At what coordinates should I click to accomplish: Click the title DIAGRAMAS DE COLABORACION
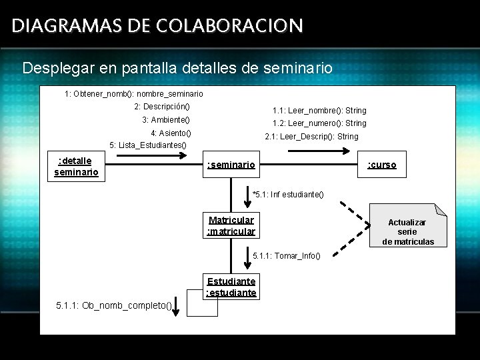pyautogui.click(x=157, y=26)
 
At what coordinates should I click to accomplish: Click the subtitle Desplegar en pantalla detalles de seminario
pyautogui.click(x=177, y=68)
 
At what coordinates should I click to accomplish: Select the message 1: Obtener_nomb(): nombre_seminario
pyautogui.click(x=134, y=94)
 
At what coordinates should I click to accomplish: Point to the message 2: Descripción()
pyautogui.click(x=162, y=107)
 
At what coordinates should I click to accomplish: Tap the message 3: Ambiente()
pyautogui.click(x=166, y=120)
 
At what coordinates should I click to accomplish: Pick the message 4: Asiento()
pyautogui.click(x=171, y=133)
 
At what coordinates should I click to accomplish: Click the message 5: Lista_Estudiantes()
pyautogui.click(x=148, y=145)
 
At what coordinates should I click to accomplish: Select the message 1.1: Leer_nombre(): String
pyautogui.click(x=319, y=111)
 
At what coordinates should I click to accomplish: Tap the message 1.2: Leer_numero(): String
pyautogui.click(x=319, y=123)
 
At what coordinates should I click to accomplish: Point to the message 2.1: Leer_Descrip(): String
pyautogui.click(x=311, y=137)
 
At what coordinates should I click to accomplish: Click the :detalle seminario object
pyautogui.click(x=76, y=166)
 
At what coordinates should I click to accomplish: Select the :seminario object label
pyautogui.click(x=231, y=165)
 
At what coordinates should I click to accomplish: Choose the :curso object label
pyautogui.click(x=382, y=165)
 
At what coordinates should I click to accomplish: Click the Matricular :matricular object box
pyautogui.click(x=231, y=225)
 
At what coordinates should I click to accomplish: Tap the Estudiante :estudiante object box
pyautogui.click(x=231, y=287)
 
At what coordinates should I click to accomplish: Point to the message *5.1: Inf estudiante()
pyautogui.click(x=288, y=195)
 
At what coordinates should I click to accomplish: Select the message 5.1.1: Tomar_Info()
pyautogui.click(x=287, y=256)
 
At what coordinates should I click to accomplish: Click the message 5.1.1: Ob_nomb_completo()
pyautogui.click(x=113, y=306)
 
